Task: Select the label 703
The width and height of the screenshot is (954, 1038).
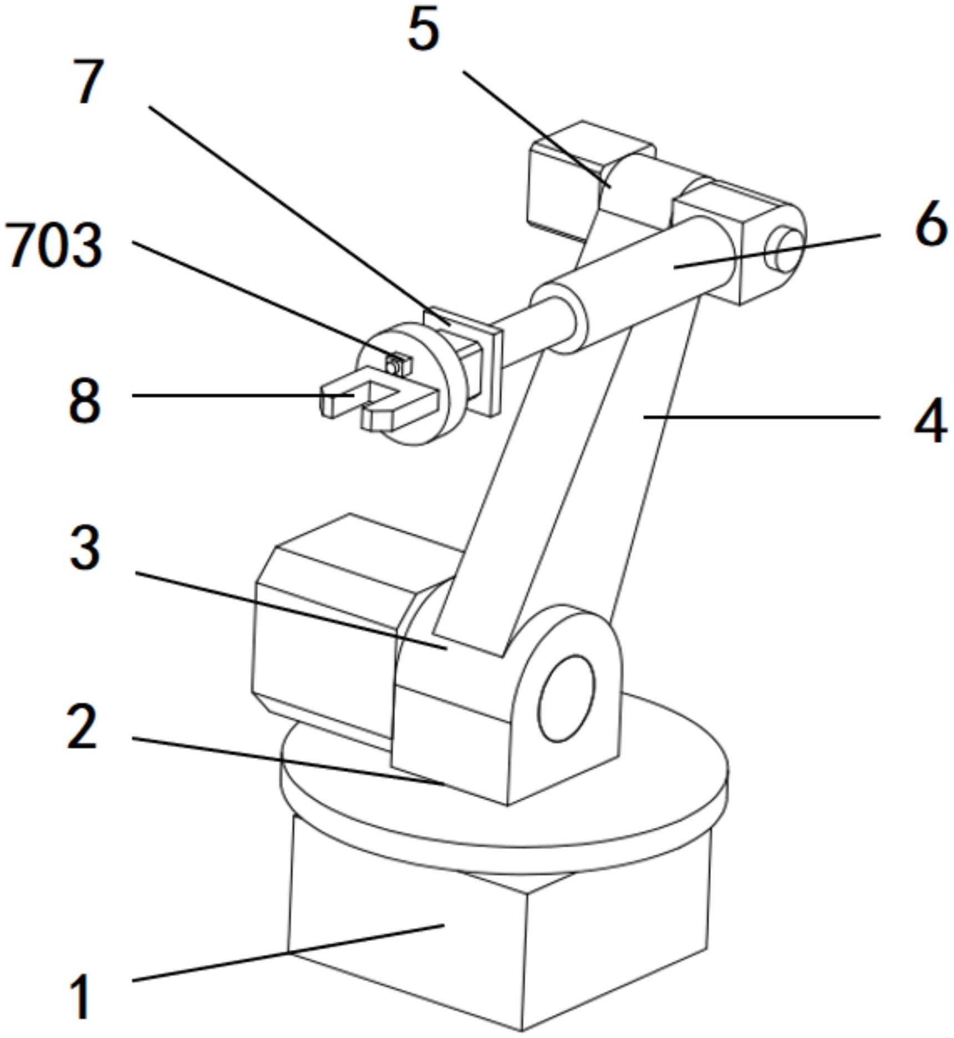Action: pyautogui.click(x=54, y=246)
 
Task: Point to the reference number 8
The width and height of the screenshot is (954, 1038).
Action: pyautogui.click(x=84, y=401)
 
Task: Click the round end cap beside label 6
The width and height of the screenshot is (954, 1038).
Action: pyautogui.click(x=784, y=250)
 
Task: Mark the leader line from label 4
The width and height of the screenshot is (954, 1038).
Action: pyautogui.click(x=760, y=417)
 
